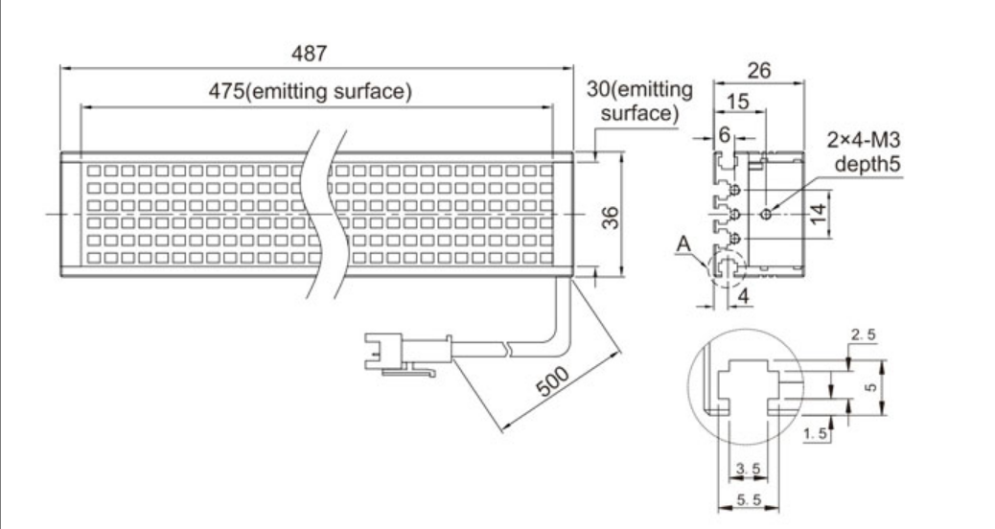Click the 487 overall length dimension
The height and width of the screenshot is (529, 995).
tap(315, 56)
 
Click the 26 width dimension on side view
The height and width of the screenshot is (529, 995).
tap(758, 69)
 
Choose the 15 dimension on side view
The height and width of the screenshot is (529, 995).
tap(737, 100)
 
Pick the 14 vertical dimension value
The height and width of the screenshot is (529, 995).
tap(816, 214)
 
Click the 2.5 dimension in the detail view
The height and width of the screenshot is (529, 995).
tap(862, 334)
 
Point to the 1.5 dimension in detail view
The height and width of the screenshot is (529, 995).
tap(816, 434)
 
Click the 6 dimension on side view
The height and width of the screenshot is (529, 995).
tap(725, 135)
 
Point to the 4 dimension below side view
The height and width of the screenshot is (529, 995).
tap(744, 296)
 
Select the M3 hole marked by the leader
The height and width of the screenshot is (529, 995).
tap(765, 214)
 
